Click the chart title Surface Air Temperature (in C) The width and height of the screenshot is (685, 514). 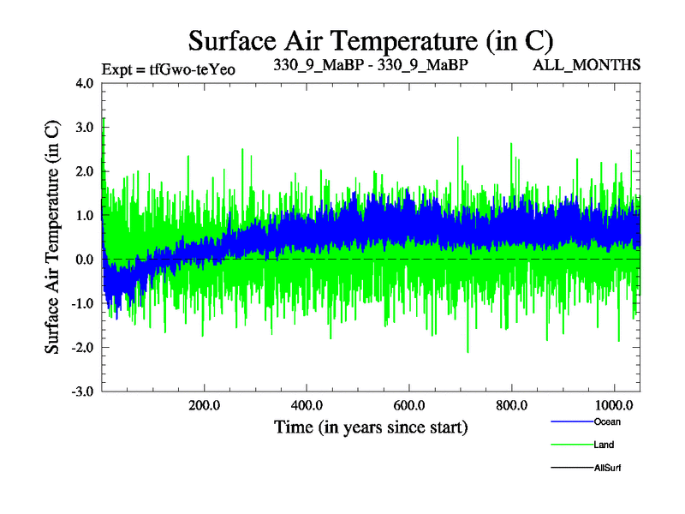[x=370, y=40]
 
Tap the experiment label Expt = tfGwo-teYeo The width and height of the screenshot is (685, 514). [x=168, y=68]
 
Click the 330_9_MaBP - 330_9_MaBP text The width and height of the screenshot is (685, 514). [x=370, y=65]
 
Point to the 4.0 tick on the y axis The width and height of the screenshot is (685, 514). [x=86, y=84]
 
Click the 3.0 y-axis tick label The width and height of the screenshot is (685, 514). [x=86, y=128]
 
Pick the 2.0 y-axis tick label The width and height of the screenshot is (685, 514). [x=86, y=171]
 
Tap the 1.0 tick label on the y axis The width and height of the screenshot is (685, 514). [x=86, y=216]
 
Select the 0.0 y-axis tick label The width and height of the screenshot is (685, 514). [x=86, y=260]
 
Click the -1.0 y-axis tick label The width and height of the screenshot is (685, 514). [x=84, y=303]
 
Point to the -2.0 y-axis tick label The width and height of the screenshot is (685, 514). [x=84, y=347]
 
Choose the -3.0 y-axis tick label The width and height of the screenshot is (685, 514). [x=84, y=391]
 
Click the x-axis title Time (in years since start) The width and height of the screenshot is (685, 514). [x=370, y=426]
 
